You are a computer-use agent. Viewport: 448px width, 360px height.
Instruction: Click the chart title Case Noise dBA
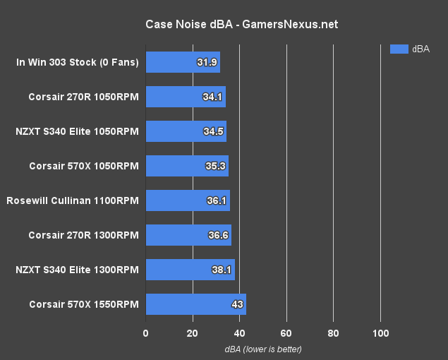(x=241, y=24)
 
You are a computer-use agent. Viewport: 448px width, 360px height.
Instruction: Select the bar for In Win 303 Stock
(x=183, y=62)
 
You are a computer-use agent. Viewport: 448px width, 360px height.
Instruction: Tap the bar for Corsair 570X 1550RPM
(x=195, y=304)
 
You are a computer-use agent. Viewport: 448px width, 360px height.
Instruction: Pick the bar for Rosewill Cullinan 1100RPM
(x=188, y=200)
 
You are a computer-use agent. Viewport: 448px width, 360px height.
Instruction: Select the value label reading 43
(x=238, y=304)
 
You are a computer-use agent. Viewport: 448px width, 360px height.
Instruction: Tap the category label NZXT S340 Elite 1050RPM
(x=77, y=131)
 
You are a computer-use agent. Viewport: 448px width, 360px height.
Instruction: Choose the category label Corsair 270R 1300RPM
(x=83, y=235)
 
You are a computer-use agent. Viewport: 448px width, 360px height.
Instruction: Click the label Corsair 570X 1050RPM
(x=83, y=166)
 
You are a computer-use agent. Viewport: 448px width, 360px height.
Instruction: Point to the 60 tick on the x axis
(x=286, y=333)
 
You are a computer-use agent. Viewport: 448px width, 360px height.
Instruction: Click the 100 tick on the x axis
(x=380, y=333)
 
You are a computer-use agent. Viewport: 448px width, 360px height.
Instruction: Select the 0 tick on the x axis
(x=146, y=333)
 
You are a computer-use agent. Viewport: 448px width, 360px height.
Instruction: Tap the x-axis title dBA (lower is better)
(x=263, y=349)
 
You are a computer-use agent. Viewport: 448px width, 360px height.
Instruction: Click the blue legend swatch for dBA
(x=399, y=49)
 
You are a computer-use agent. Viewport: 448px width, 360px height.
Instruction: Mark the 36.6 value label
(x=218, y=235)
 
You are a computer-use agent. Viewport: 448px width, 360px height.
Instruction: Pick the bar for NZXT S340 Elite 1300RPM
(x=190, y=270)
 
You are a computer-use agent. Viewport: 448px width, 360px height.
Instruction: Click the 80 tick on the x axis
(x=334, y=333)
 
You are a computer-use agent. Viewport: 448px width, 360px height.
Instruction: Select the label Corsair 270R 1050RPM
(x=83, y=97)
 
